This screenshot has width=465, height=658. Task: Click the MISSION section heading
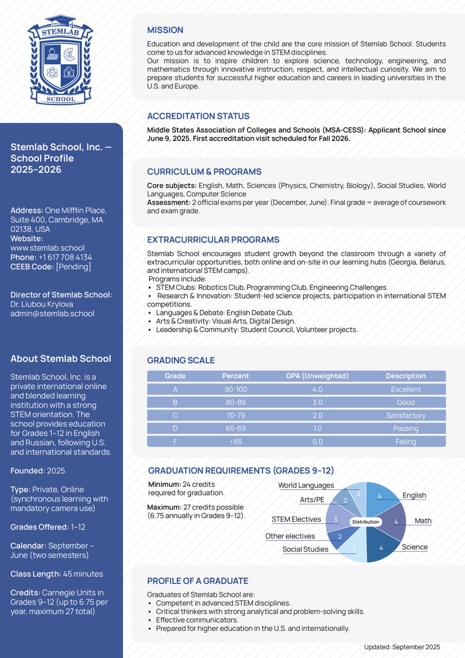(x=165, y=30)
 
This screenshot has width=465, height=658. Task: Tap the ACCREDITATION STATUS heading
(x=198, y=116)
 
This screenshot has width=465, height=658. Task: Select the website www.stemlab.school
(x=47, y=248)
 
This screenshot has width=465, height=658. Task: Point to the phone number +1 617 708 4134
(x=65, y=257)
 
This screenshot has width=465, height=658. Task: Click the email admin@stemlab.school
(x=52, y=314)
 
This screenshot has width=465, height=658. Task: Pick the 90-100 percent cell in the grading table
(x=236, y=390)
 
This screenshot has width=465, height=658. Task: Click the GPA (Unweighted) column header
(x=317, y=376)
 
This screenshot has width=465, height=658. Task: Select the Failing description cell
(x=405, y=442)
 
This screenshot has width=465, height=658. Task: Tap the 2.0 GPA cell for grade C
(x=317, y=415)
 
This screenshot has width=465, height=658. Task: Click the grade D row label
(x=175, y=429)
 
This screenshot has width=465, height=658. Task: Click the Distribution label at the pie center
(x=366, y=522)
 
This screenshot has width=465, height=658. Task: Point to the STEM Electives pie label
(x=296, y=519)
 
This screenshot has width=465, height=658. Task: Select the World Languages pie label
(x=306, y=485)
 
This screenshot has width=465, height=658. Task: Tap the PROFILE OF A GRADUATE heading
(x=198, y=581)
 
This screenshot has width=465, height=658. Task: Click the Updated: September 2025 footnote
(x=402, y=647)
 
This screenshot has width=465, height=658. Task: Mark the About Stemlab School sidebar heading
(x=61, y=359)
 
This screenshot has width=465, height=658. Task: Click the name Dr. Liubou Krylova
(x=42, y=304)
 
